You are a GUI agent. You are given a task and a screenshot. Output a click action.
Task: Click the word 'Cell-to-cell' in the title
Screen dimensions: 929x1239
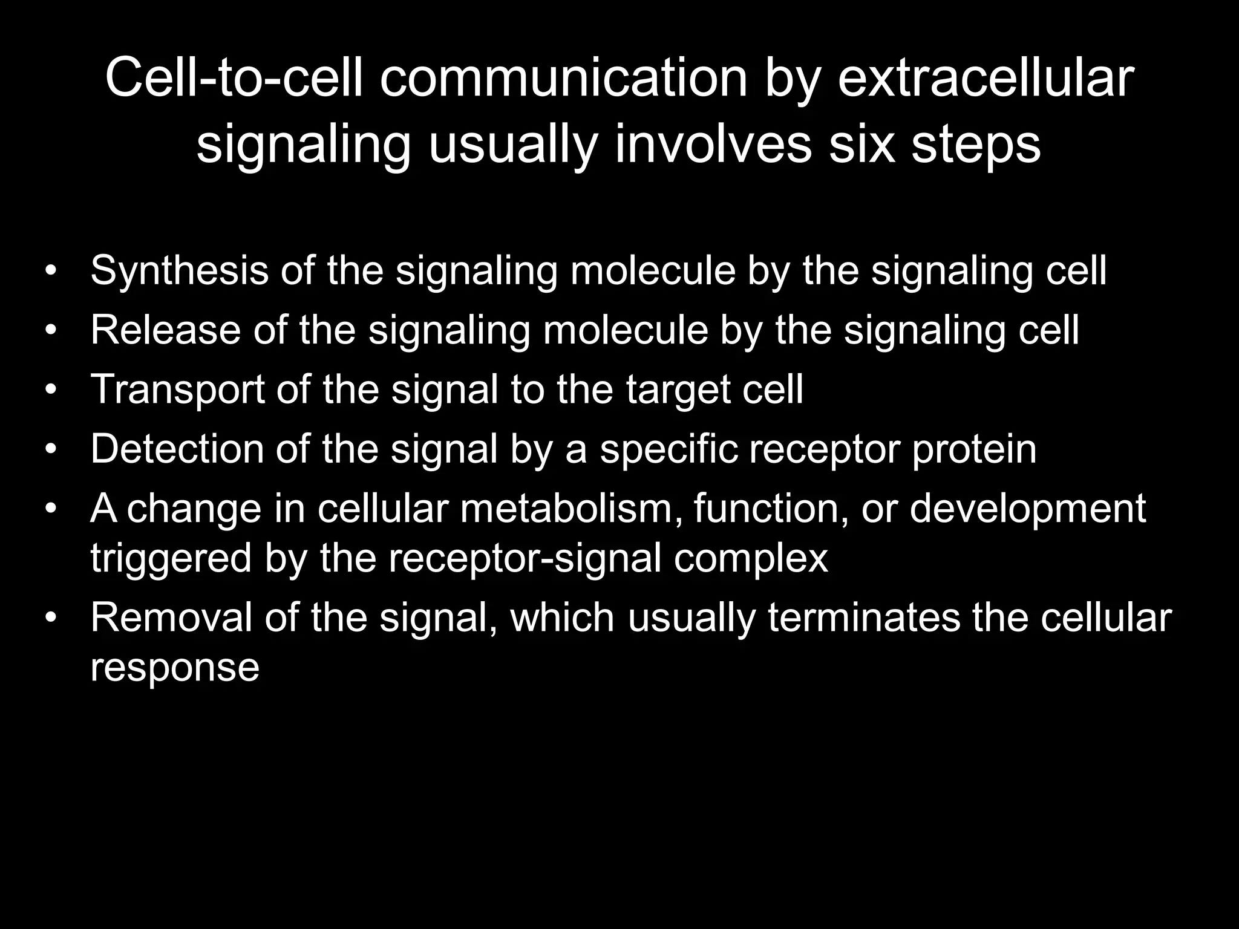[x=234, y=79]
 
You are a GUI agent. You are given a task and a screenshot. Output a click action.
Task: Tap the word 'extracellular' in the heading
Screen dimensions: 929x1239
[x=986, y=79]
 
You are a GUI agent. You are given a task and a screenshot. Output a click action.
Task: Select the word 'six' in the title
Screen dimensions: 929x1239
[x=861, y=145]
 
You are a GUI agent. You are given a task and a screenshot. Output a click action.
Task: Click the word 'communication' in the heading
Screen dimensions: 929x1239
[x=564, y=79]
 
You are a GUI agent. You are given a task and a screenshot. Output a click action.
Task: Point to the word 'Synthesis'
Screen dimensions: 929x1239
[x=179, y=270]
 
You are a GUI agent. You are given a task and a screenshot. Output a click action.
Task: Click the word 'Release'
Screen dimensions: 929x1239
[x=165, y=330]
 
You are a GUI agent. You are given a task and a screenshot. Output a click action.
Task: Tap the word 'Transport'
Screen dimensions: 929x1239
[x=177, y=390]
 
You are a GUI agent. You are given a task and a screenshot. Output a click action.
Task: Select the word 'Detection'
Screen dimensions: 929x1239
[x=177, y=449]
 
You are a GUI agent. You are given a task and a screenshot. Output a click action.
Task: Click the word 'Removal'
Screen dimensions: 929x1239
[x=171, y=618]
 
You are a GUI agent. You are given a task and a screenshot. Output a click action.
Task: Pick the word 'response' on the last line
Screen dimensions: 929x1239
[x=175, y=668]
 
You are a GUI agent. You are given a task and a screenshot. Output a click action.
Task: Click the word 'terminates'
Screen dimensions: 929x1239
[x=864, y=618]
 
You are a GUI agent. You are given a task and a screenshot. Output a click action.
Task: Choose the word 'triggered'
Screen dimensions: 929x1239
[x=171, y=558]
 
